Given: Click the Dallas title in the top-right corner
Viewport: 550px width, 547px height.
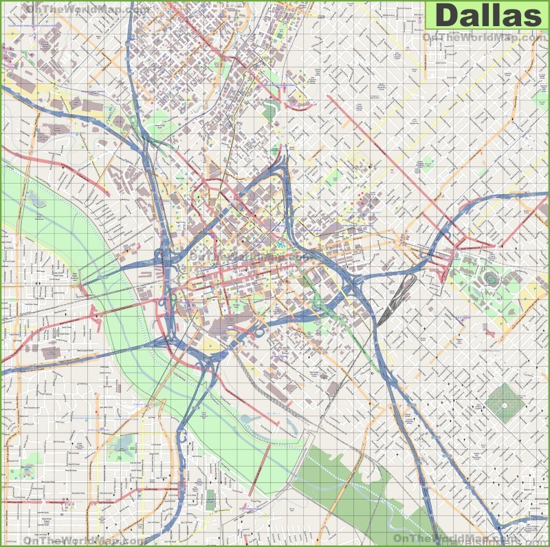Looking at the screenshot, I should [x=487, y=15].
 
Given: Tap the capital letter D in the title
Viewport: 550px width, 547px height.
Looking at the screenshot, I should [x=449, y=15].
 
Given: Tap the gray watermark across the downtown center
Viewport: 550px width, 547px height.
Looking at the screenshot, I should [x=247, y=255].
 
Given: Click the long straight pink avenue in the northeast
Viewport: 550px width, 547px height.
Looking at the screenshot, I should [x=385, y=151].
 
